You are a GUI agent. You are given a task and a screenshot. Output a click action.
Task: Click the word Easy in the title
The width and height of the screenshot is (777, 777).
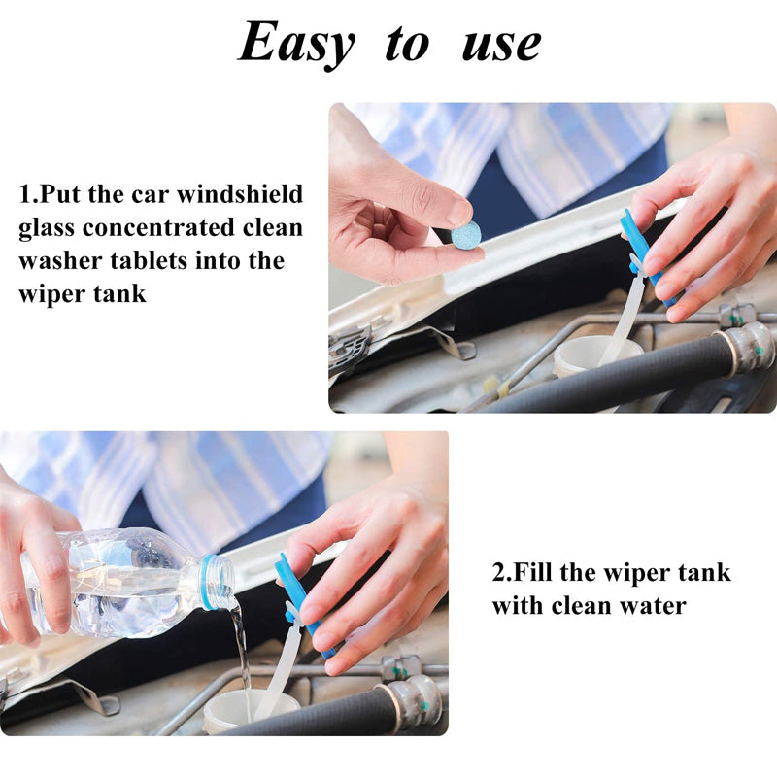pyautogui.click(x=296, y=45)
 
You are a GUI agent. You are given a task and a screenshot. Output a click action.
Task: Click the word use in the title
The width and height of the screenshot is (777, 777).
pyautogui.click(x=501, y=46)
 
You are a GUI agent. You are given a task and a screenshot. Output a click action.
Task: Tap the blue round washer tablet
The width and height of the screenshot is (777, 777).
pyautogui.click(x=466, y=234)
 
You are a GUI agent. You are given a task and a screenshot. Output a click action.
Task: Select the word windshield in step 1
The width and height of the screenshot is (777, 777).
pyautogui.click(x=239, y=193)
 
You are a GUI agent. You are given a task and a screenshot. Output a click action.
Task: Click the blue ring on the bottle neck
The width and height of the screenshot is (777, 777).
pyautogui.click(x=210, y=581)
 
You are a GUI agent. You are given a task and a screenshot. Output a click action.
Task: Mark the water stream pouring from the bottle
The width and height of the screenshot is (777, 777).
pyautogui.click(x=241, y=649)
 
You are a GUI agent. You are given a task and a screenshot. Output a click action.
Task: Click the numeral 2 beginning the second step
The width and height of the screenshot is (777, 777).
pyautogui.click(x=498, y=572)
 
